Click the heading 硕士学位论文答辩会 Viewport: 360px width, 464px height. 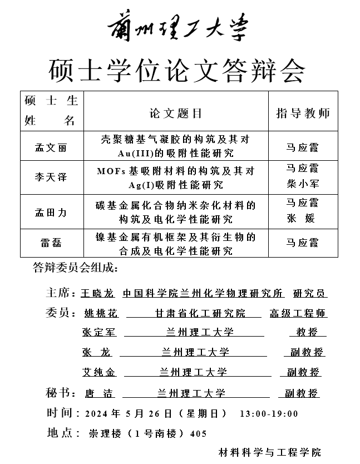click(177, 71)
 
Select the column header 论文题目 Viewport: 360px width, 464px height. click(176, 113)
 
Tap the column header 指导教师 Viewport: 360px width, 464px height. click(303, 113)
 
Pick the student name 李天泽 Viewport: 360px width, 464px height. click(51, 177)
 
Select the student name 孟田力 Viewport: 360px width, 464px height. click(51, 212)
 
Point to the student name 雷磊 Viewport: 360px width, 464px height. click(51, 243)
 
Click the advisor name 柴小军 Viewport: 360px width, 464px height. click(302, 184)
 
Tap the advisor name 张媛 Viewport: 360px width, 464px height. click(302, 219)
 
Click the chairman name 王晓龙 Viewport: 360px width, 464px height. click(97, 293)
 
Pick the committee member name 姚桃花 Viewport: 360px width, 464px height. click(101, 314)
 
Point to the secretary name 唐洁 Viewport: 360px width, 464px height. click(100, 393)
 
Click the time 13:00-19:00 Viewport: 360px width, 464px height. click(269, 413)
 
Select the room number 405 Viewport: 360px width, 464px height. click(198, 433)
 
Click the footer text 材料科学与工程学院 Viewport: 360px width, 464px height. click(270, 452)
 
